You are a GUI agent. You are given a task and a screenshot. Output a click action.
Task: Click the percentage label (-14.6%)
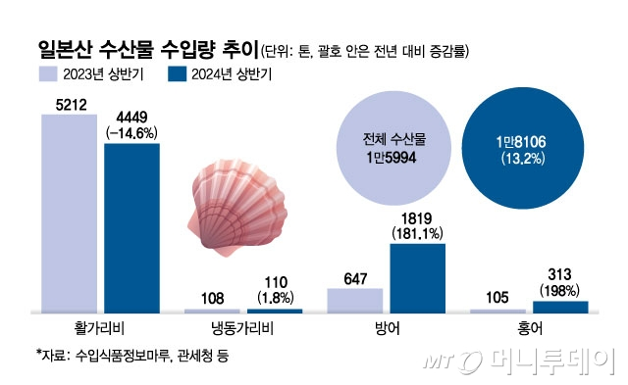coord(131,134)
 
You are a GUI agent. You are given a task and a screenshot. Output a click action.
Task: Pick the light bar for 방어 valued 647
coord(354,300)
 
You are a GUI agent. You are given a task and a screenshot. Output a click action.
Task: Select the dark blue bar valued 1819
coord(417,277)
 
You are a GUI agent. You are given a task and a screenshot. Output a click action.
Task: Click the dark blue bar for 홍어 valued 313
coord(560,307)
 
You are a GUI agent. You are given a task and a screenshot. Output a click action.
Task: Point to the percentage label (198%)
coord(561,291)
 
